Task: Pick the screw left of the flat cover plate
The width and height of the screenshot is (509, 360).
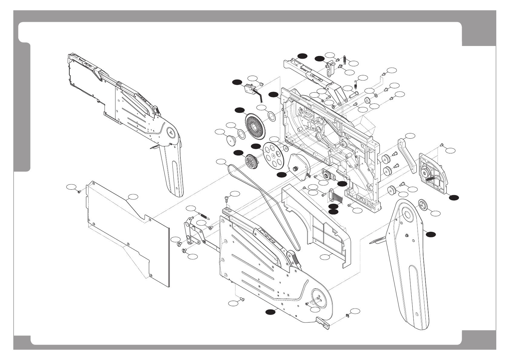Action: point(79,191)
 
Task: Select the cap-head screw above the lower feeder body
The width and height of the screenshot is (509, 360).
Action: point(227,199)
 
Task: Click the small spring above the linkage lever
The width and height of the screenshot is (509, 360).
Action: point(205,215)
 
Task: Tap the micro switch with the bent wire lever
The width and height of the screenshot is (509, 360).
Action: point(249,89)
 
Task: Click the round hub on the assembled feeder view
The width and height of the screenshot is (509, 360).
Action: point(172,132)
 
